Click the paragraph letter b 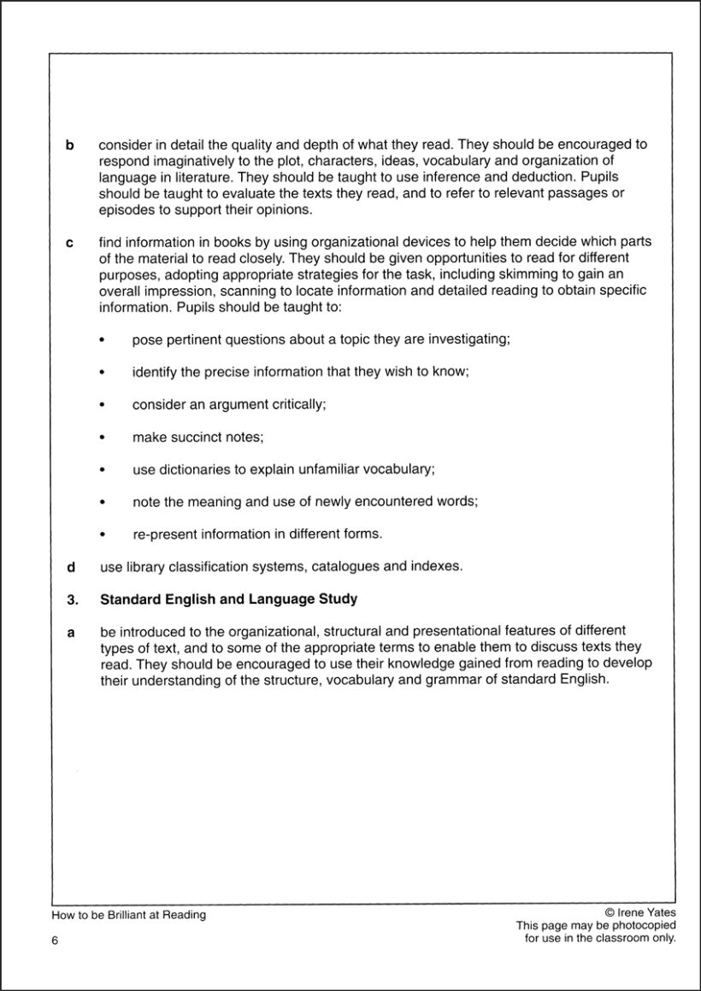point(70,146)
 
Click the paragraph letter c point(70,244)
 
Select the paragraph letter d point(71,567)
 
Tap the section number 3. point(72,599)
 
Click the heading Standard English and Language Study point(228,599)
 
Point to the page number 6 point(55,941)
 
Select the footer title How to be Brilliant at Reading point(128,915)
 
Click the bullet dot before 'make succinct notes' point(103,438)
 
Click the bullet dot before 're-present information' point(103,535)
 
